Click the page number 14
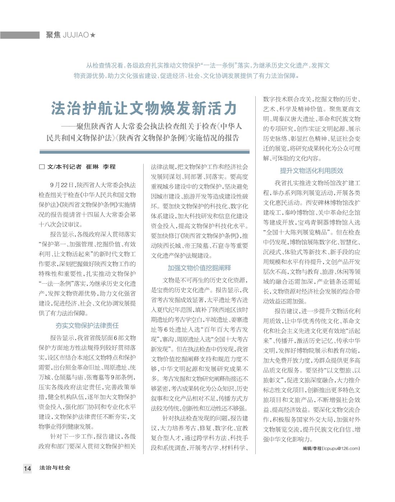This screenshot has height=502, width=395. point(27,468)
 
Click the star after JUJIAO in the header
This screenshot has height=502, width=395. point(93,35)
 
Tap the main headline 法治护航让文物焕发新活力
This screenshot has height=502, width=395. point(144,108)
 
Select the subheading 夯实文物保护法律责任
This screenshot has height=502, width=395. point(87,326)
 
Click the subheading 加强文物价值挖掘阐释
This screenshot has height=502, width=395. point(199,268)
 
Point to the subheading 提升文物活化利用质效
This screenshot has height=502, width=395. point(311,171)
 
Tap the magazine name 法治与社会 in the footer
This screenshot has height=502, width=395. point(55,468)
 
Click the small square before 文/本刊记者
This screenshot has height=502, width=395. point(42,167)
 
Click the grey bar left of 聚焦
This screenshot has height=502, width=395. point(20,35)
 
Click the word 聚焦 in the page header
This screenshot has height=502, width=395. point(53,35)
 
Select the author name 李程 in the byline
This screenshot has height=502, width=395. point(109,167)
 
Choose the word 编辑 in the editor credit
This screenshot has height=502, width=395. point(307,448)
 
